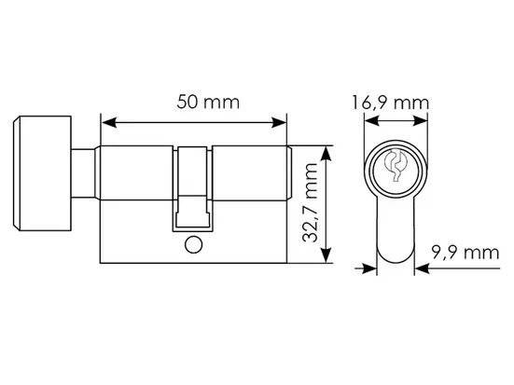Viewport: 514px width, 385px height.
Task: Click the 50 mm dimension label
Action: point(208,102)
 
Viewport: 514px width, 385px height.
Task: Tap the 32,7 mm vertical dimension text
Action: point(310,202)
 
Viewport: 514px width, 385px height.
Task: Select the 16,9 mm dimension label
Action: point(390,103)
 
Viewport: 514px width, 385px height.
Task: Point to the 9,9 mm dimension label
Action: point(465,253)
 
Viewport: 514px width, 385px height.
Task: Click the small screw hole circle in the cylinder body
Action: point(193,245)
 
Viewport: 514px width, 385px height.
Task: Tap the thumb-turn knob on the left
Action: point(42,173)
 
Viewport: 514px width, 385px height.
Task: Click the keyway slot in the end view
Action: point(396,166)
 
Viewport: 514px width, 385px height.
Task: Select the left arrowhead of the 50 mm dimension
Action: point(109,123)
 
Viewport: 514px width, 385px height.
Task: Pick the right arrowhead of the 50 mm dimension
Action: point(279,123)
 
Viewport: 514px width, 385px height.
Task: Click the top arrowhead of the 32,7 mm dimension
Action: point(326,154)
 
